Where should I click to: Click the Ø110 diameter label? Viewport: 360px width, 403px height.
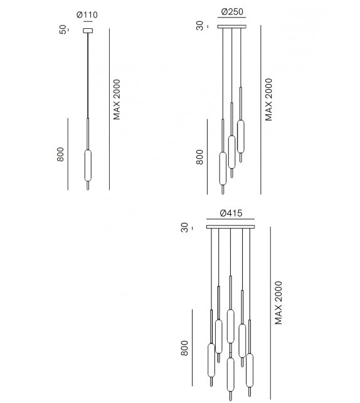pyautogui.click(x=87, y=15)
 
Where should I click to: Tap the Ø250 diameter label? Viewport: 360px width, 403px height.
pyautogui.click(x=232, y=12)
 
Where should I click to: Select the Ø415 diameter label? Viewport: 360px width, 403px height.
pyautogui.click(x=231, y=213)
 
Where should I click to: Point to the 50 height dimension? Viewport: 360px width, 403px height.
pyautogui.click(x=63, y=30)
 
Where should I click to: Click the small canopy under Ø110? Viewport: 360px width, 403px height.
pyautogui.click(x=88, y=31)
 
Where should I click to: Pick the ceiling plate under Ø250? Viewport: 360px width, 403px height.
pyautogui.click(x=232, y=26)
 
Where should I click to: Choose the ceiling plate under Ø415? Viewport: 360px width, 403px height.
pyautogui.click(x=231, y=227)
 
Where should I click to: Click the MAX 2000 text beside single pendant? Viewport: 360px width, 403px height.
pyautogui.click(x=117, y=99)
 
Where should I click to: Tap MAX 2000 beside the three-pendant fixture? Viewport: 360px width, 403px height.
pyautogui.click(x=268, y=100)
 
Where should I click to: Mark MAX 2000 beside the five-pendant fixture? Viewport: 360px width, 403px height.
pyautogui.click(x=278, y=303)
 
